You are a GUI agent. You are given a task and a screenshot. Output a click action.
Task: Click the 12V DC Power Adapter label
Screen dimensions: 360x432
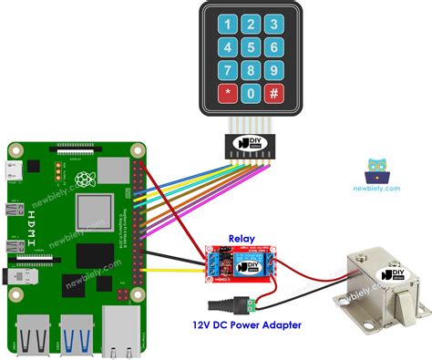[246, 324]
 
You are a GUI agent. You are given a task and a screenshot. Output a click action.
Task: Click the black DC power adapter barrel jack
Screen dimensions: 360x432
[223, 304]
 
